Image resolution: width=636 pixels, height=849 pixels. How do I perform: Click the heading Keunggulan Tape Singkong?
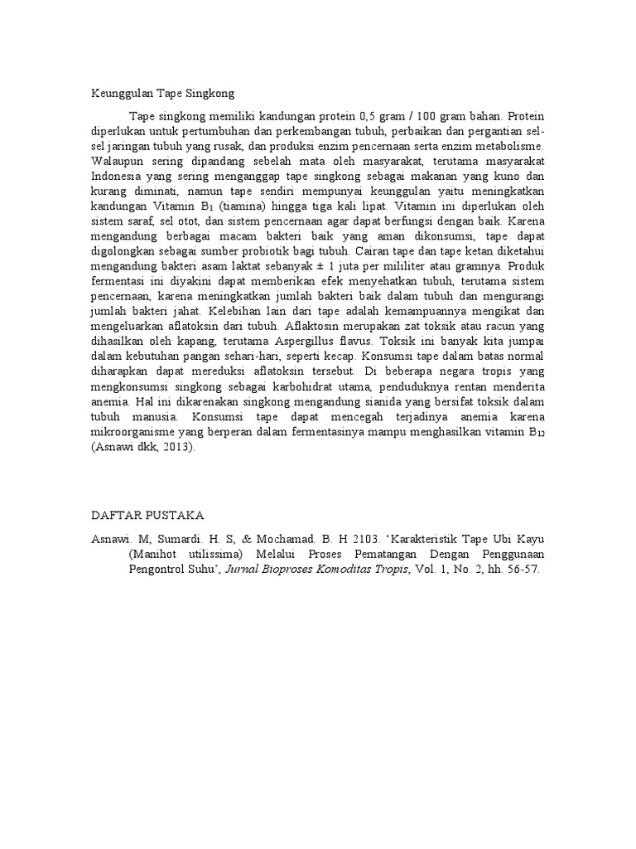pyautogui.click(x=163, y=94)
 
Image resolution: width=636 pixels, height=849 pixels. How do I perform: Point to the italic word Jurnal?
pyautogui.click(x=302, y=570)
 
